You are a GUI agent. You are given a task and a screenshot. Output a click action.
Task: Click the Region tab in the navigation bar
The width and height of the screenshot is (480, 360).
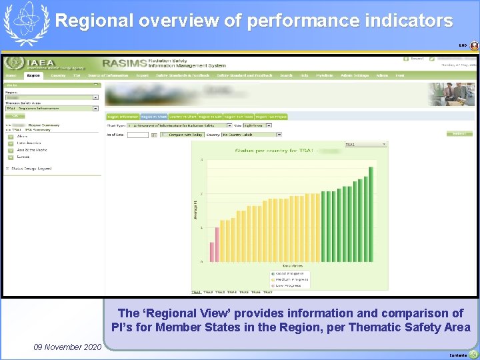click(x=33, y=75)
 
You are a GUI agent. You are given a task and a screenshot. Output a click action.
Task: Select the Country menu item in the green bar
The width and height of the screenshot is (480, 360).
click(x=59, y=75)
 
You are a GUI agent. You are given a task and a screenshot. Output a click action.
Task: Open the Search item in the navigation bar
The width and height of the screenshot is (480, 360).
click(x=286, y=75)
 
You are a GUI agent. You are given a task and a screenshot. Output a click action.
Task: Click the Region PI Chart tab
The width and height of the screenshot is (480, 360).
click(x=154, y=117)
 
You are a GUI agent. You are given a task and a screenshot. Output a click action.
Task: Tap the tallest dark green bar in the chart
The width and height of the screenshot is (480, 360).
click(x=371, y=214)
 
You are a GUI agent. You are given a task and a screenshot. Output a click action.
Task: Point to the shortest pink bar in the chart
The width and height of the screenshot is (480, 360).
click(x=212, y=251)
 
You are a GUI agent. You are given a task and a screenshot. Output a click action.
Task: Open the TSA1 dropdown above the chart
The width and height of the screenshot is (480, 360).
click(x=365, y=144)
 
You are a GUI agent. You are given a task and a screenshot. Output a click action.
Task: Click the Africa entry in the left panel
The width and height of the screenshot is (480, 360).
click(x=23, y=137)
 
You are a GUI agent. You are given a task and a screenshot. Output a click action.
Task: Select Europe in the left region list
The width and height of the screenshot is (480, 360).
click(x=23, y=157)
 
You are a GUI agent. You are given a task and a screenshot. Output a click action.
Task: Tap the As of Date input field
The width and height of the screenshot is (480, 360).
click(x=137, y=134)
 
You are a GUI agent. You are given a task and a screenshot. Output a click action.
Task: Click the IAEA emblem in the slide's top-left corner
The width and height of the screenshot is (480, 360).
click(x=26, y=22)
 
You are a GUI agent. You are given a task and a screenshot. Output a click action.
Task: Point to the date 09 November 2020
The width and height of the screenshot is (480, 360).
click(x=66, y=347)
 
